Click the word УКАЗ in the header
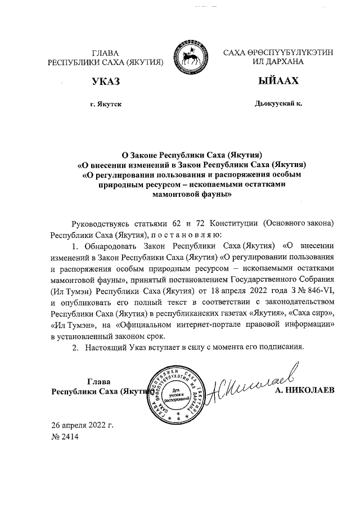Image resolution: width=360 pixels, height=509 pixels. pyautogui.click(x=106, y=82)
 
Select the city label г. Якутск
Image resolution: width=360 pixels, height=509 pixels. pyautogui.click(x=105, y=105)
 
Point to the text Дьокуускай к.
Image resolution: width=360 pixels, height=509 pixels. pyautogui.click(x=278, y=104)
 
